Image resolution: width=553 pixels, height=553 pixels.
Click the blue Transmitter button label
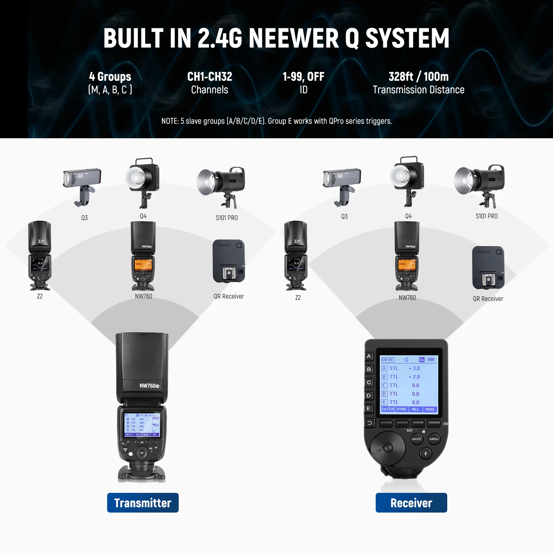click(x=143, y=503)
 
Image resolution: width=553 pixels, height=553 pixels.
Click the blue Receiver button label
click(x=411, y=503)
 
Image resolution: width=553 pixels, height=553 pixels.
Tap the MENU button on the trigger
click(x=434, y=439)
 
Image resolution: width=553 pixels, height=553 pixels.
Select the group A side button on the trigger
click(x=369, y=356)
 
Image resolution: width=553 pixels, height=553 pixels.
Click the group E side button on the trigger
click(x=369, y=409)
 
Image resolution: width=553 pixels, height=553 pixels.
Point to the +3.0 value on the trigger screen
click(x=414, y=368)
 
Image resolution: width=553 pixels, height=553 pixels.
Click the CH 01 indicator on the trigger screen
click(x=387, y=360)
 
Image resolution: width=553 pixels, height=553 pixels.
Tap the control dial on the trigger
click(x=388, y=448)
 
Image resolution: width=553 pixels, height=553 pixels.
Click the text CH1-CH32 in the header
click(x=209, y=76)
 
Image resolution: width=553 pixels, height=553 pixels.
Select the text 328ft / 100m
click(x=418, y=76)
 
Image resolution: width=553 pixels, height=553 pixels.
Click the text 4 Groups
click(x=110, y=76)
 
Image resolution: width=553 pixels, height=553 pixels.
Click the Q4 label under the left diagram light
click(x=143, y=216)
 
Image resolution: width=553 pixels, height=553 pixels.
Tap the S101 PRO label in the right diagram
click(x=486, y=216)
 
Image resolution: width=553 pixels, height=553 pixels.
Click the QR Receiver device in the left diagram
click(x=229, y=261)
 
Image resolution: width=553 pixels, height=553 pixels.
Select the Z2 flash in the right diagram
click(x=296, y=256)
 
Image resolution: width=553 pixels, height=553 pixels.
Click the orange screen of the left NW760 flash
click(x=143, y=264)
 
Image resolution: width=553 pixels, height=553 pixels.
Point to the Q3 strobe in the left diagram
click(x=82, y=185)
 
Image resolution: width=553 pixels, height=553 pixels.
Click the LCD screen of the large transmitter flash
click(x=142, y=425)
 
